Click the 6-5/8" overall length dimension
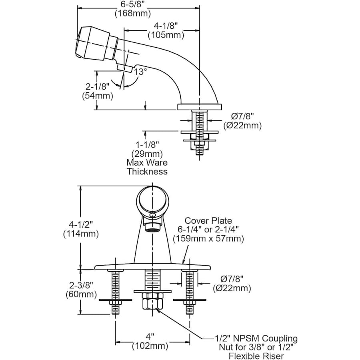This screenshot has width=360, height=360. pos(133,9)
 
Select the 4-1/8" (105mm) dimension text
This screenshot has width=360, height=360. pos(166,30)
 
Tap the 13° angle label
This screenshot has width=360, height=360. pos(140,72)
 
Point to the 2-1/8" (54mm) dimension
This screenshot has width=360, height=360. pos(97,92)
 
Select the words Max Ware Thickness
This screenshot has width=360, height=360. pos(147,167)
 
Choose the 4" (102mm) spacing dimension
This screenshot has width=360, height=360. pos(150,341)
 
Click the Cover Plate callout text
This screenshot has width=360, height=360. pos(208,230)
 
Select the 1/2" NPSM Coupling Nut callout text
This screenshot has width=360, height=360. pos(256,347)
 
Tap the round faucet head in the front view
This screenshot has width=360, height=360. pos(153,200)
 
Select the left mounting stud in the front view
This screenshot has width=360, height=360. pos(116,292)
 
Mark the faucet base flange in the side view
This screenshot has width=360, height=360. pos(199,106)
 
